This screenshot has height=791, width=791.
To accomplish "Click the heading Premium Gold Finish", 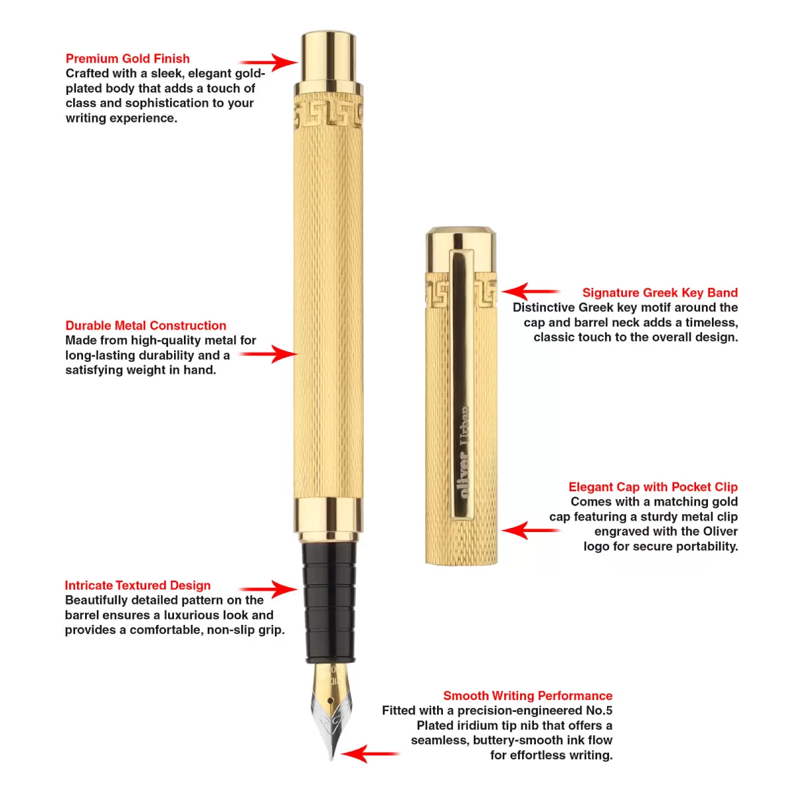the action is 128,59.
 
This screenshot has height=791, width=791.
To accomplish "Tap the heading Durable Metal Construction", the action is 146,326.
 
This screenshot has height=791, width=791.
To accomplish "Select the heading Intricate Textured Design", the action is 138,585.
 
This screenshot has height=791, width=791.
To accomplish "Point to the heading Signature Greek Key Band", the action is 660,293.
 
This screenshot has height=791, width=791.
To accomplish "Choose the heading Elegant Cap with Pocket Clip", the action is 653,487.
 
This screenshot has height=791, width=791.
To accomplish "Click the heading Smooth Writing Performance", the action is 527,696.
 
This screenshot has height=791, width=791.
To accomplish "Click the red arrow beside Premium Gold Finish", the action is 268,63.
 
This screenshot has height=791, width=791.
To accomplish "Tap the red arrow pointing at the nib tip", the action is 370,754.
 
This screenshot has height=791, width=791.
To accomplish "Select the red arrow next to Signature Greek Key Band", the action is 531,291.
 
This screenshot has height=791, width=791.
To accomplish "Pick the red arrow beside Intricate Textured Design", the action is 268,590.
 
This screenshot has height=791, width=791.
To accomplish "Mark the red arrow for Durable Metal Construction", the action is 268,354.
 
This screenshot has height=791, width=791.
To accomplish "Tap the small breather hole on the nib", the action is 330,700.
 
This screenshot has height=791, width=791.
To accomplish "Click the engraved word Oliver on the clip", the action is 463,475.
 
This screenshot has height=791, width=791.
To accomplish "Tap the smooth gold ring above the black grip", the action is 328,515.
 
